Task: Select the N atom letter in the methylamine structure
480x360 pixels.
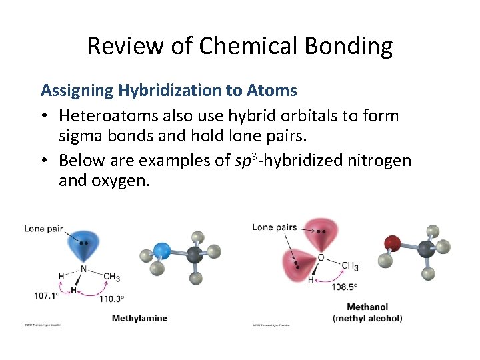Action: (84, 269)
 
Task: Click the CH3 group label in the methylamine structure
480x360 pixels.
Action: (111, 276)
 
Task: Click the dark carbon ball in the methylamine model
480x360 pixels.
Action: (195, 255)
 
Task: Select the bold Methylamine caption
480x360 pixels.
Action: (139, 318)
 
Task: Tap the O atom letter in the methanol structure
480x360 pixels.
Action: (321, 257)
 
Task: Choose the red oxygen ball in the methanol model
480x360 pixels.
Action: (392, 243)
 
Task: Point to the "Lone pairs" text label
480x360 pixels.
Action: (274, 227)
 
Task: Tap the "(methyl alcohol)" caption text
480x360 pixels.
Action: (367, 318)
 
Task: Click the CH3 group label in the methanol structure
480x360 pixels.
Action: (349, 266)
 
